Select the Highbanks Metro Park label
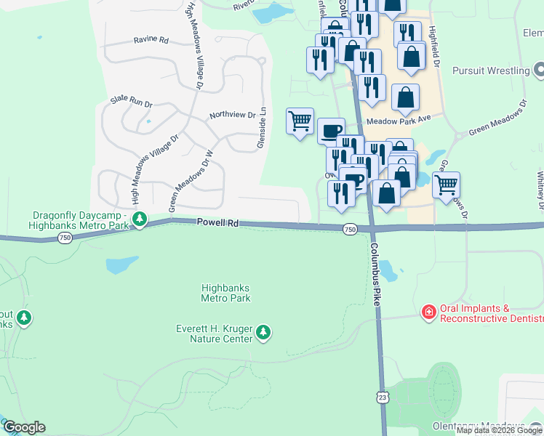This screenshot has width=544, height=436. [225, 293]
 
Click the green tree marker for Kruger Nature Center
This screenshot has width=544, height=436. [263, 333]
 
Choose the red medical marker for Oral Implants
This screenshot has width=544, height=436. [429, 312]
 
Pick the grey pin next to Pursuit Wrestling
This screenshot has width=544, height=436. [538, 70]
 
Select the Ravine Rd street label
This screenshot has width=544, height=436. [151, 40]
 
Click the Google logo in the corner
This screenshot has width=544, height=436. [24, 427]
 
